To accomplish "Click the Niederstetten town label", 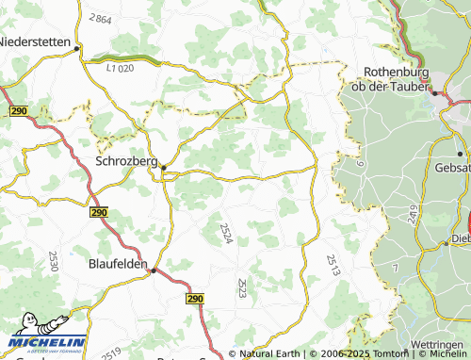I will click(38, 41).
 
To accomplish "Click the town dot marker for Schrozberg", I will click(163, 168).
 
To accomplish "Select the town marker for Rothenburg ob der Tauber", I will click(434, 93).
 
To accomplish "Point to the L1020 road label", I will click(122, 67).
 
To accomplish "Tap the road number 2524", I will click(226, 233).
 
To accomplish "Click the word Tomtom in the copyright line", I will click(387, 354).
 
